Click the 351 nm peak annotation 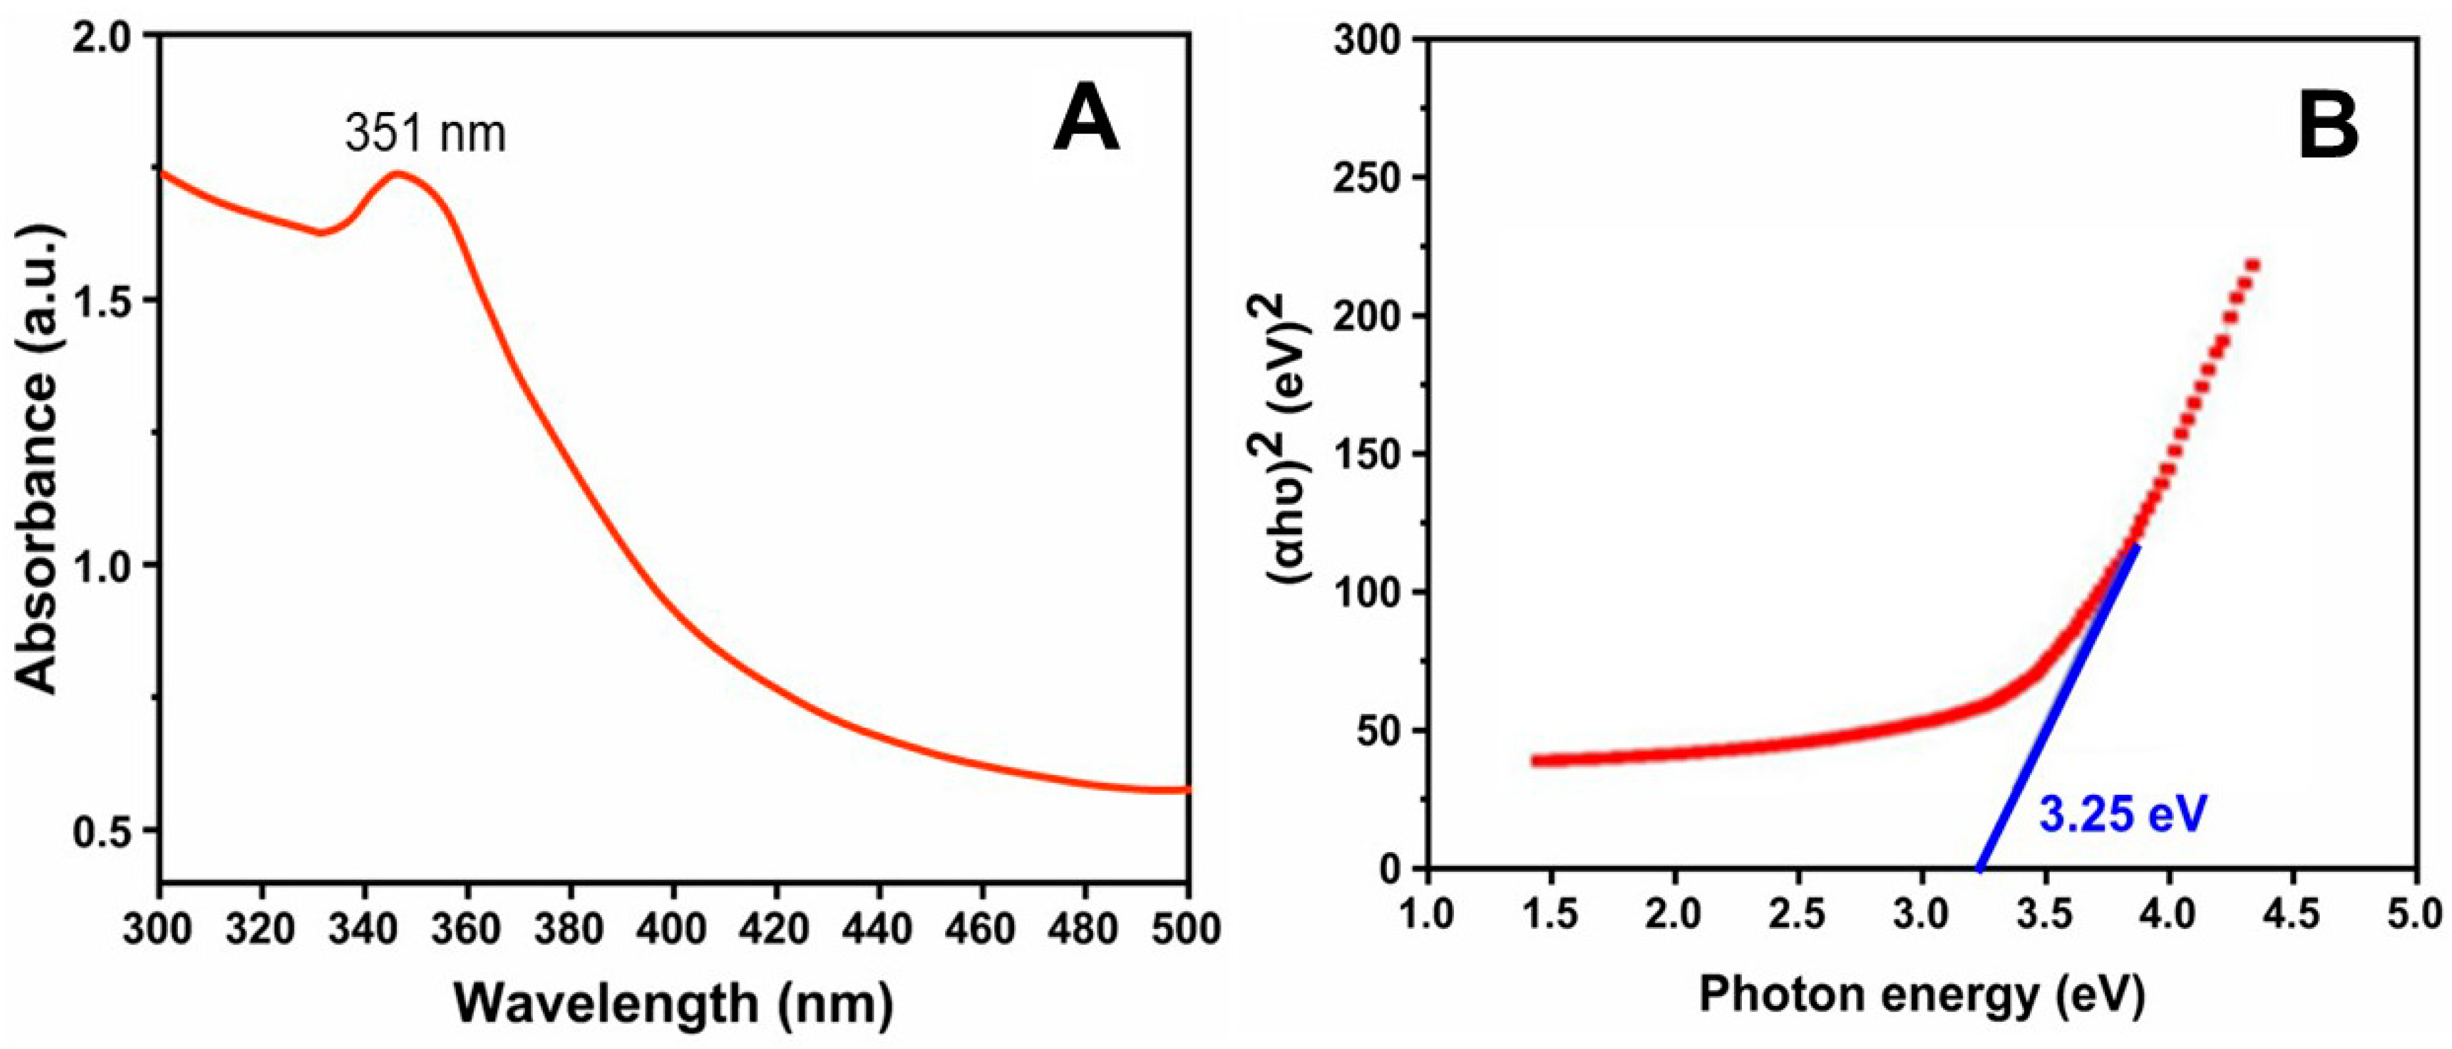[x=425, y=133]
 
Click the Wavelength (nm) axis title [x=673, y=1002]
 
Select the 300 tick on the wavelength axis [x=158, y=929]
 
